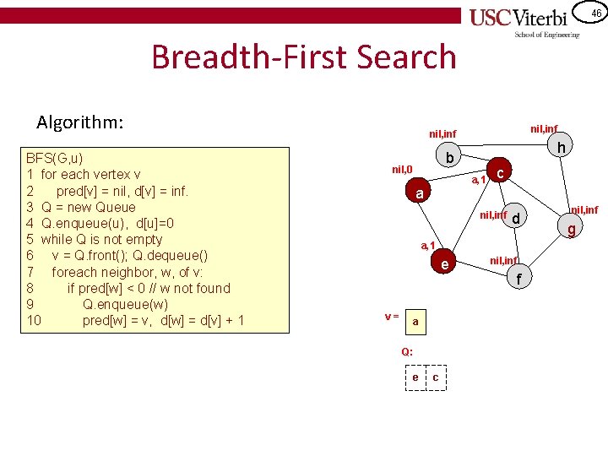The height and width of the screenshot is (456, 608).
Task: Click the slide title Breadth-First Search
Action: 303,57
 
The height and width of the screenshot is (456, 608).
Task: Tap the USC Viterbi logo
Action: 524,21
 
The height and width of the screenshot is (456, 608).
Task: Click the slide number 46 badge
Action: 595,13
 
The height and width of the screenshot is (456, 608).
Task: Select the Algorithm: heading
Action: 80,122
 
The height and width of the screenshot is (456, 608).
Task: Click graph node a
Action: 420,194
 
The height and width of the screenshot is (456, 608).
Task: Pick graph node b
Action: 450,159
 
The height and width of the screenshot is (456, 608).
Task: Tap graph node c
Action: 501,173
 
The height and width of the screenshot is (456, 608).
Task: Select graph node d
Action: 517,219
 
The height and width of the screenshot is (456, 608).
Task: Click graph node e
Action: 444,265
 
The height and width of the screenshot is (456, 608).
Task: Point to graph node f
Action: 519,277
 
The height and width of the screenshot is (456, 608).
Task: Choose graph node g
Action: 572,228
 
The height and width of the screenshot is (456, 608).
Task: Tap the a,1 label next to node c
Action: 478,180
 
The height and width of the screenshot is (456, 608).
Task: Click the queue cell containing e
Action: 415,377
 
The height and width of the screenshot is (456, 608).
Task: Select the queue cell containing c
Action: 435,377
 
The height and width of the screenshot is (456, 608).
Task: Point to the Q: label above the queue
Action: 407,350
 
